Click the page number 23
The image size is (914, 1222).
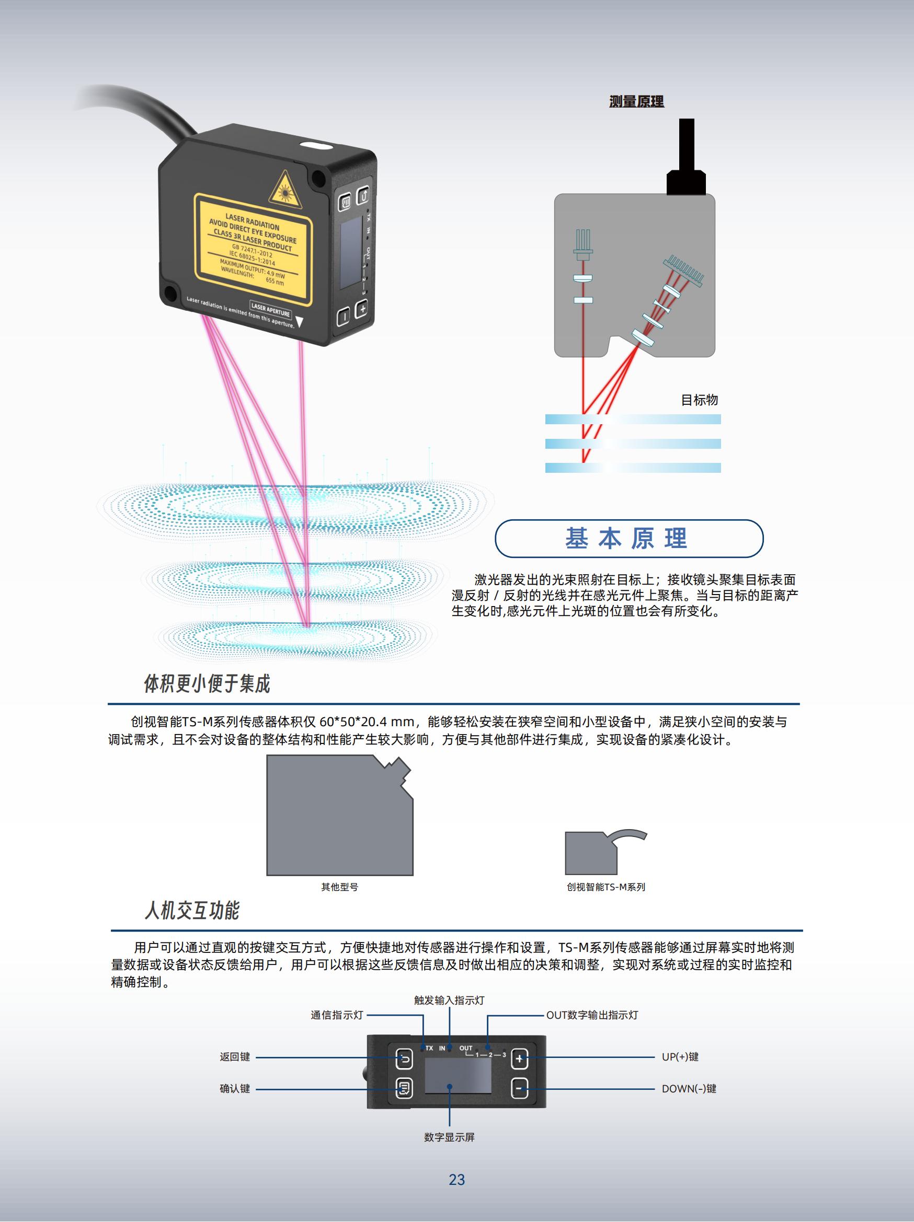tap(456, 1180)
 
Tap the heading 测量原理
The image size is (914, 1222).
tap(636, 102)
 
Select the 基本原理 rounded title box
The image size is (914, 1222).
tap(629, 538)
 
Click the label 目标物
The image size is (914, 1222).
tap(699, 400)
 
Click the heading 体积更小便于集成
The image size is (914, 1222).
tap(207, 684)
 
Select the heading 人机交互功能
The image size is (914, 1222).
tap(192, 911)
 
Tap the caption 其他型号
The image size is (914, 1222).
tap(339, 887)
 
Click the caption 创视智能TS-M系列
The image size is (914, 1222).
tap(605, 887)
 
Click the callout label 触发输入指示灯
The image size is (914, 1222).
tap(449, 1000)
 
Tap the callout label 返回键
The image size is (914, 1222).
tap(235, 1057)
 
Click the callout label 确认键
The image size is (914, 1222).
tap(235, 1088)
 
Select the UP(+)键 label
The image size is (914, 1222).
tap(680, 1057)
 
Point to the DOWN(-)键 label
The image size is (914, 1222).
tap(689, 1088)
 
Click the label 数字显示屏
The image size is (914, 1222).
tap(449, 1137)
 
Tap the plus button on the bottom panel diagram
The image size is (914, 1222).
tap(519, 1058)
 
